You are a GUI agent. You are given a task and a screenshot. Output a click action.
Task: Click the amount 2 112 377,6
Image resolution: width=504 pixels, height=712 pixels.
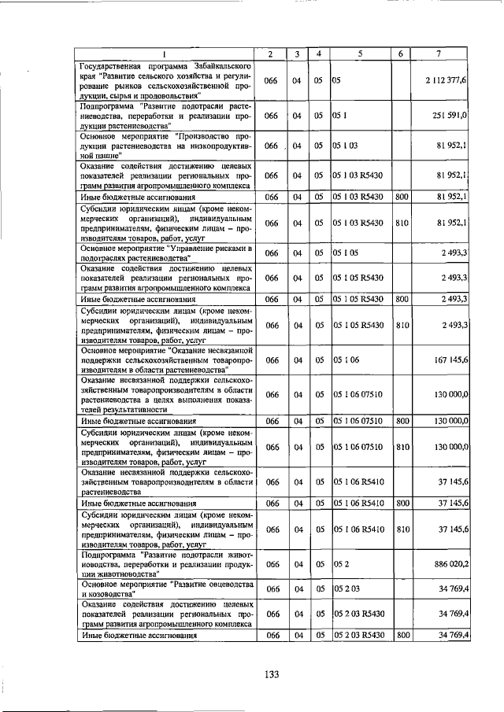447,80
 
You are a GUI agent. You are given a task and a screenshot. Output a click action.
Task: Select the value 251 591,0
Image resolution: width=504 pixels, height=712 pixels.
450,115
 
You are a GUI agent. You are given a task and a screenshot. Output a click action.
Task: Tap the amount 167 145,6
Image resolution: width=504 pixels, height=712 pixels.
450,360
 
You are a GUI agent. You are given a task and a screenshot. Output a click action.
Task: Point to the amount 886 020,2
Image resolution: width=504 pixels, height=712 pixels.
450,564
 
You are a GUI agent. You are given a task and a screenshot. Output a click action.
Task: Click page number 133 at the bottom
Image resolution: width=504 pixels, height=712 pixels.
272,673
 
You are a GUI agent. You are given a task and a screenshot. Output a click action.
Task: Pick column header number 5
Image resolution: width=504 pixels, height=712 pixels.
358,53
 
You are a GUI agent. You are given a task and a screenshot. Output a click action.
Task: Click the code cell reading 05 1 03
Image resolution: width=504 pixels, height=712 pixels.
346,146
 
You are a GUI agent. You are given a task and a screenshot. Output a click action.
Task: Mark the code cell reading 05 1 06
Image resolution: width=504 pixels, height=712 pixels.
346,360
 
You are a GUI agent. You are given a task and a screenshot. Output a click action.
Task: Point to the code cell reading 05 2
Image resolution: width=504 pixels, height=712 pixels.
339,564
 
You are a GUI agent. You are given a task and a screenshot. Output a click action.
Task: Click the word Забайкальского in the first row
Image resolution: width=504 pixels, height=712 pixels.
221,63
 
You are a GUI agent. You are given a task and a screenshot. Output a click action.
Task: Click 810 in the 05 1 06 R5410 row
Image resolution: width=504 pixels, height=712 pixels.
402,529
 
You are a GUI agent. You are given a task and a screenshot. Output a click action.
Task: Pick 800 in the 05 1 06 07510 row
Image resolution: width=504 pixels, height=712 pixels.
402,422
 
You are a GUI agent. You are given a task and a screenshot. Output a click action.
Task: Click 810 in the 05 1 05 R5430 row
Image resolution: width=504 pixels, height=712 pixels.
402,325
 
